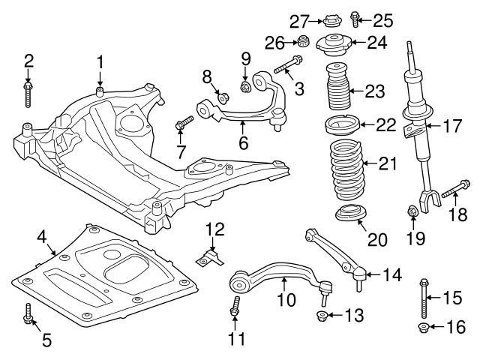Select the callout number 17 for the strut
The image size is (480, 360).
pos(452,126)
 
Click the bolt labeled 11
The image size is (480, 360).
pos(235,305)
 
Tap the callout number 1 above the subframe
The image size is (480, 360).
pos(100,61)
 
